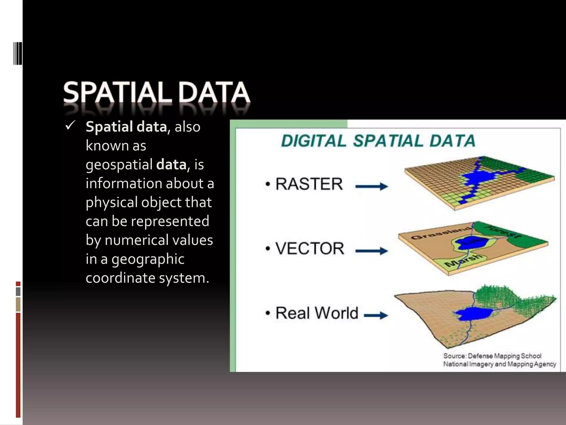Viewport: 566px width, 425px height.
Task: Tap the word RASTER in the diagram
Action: [309, 184]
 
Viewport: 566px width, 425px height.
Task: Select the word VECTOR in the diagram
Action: [310, 248]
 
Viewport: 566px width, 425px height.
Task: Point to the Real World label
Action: [317, 313]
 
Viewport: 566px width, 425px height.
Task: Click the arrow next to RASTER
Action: [372, 186]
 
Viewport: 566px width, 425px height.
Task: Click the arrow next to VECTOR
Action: [372, 251]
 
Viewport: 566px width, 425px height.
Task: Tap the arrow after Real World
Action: [376, 315]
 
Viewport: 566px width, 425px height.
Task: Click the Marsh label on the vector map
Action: [464, 260]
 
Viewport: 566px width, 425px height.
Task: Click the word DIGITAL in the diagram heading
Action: [313, 141]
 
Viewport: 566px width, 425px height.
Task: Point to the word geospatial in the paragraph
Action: [119, 164]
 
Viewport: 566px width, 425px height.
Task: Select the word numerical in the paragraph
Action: [135, 240]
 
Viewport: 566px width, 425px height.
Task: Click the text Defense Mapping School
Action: [504, 356]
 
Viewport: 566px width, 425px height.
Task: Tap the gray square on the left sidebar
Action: [18, 291]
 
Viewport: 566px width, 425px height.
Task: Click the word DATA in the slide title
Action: [214, 92]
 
